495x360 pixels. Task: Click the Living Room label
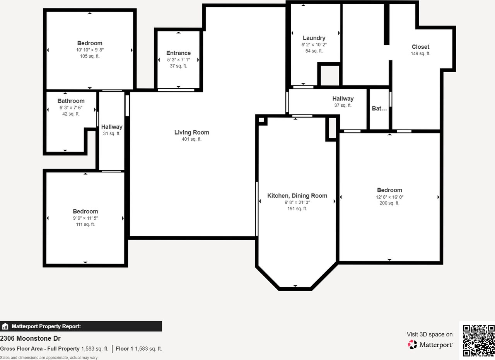[191, 133]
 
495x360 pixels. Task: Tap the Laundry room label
[314, 38]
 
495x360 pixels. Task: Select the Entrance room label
[178, 53]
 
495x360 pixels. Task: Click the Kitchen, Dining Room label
[297, 196]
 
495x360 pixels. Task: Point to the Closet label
[420, 47]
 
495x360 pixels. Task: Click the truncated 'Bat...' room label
[379, 109]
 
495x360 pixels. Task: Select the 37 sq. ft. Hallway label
[343, 99]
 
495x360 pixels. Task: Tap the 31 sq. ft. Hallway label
[112, 127]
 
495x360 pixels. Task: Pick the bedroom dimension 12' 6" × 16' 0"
[389, 197]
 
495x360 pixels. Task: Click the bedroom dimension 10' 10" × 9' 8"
[90, 50]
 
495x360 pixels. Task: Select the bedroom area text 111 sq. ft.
[85, 224]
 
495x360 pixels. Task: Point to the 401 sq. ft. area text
[191, 139]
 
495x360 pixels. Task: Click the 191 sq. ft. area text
[297, 209]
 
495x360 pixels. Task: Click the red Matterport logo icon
[412, 344]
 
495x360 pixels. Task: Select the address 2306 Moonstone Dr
[30, 338]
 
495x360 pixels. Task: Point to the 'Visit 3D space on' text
[429, 334]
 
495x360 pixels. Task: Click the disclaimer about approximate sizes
[49, 358]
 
